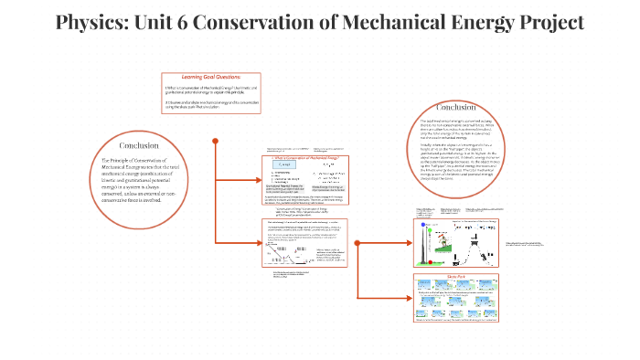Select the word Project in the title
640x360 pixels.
(x=543, y=23)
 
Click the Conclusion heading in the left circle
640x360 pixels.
(x=140, y=145)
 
